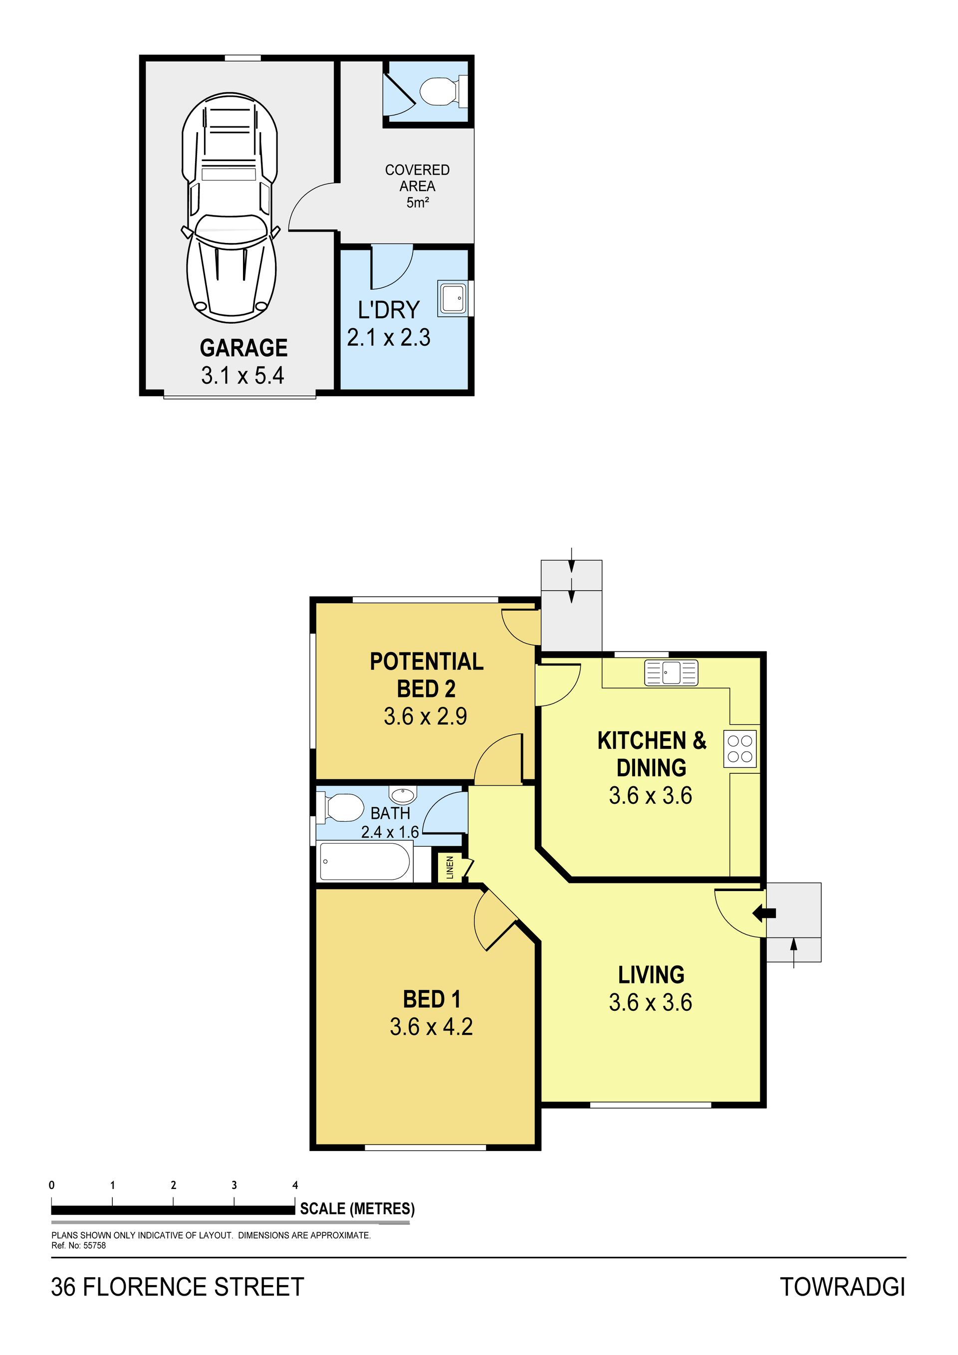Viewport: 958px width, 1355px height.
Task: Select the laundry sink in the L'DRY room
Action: (x=452, y=297)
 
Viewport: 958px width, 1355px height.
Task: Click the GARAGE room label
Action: (x=244, y=348)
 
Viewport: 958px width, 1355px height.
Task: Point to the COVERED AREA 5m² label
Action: (x=417, y=186)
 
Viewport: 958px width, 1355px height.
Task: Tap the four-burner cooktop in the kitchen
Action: (x=740, y=749)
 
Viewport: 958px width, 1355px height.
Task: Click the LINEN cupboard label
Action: (x=450, y=868)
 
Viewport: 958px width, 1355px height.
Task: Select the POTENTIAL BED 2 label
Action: (x=426, y=675)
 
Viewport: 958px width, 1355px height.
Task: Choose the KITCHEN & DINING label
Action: (x=652, y=754)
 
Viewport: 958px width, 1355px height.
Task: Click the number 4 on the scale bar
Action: (x=295, y=1185)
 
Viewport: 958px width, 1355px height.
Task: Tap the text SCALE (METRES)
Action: (x=357, y=1209)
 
